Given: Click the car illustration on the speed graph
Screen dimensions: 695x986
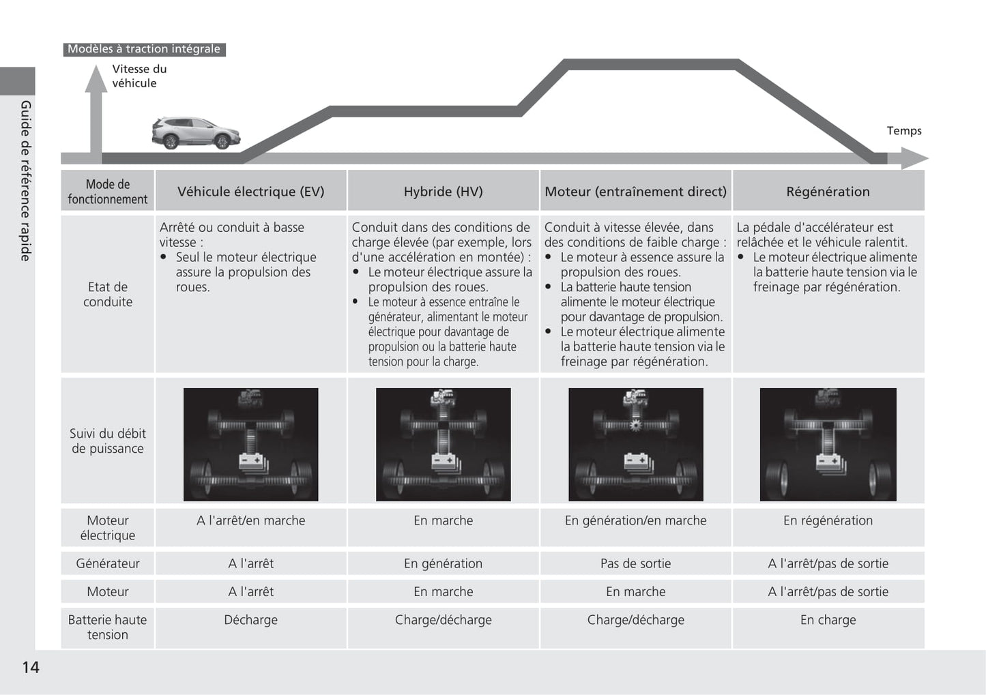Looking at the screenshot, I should pyautogui.click(x=196, y=133).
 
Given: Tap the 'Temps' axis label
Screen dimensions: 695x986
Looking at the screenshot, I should pyautogui.click(x=903, y=131).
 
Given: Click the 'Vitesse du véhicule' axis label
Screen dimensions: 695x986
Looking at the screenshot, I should pyautogui.click(x=139, y=76).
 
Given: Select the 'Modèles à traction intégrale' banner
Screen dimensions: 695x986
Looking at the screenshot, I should pyautogui.click(x=144, y=49).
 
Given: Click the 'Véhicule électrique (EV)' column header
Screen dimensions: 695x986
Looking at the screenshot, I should pyautogui.click(x=250, y=192).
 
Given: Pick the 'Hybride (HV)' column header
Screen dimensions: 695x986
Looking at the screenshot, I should pyautogui.click(x=443, y=192).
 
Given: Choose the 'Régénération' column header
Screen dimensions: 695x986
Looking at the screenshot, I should pyautogui.click(x=828, y=192).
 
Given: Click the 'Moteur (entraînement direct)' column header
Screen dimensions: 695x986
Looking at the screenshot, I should pyautogui.click(x=635, y=192).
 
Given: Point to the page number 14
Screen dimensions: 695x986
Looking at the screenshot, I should pyautogui.click(x=31, y=667).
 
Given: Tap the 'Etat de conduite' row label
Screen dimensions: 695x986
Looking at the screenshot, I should pyautogui.click(x=108, y=295).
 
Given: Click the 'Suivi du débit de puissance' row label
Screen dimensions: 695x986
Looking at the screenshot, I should pyautogui.click(x=108, y=441).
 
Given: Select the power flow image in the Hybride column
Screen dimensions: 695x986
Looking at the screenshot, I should pyautogui.click(x=443, y=444).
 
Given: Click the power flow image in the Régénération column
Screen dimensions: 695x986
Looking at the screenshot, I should pyautogui.click(x=828, y=444).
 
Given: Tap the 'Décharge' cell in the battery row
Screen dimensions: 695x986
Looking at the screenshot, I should pyautogui.click(x=250, y=620).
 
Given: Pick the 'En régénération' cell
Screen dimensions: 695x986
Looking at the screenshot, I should pyautogui.click(x=828, y=520).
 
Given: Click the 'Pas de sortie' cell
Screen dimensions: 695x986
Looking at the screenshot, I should pyautogui.click(x=635, y=563).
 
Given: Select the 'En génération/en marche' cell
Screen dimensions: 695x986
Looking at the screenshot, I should pyautogui.click(x=635, y=520).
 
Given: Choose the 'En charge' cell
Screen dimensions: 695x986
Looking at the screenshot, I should pyautogui.click(x=828, y=620).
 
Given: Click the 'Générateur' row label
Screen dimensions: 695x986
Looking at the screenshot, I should pyautogui.click(x=108, y=563).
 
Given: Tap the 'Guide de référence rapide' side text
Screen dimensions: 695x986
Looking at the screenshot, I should pyautogui.click(x=25, y=181).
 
